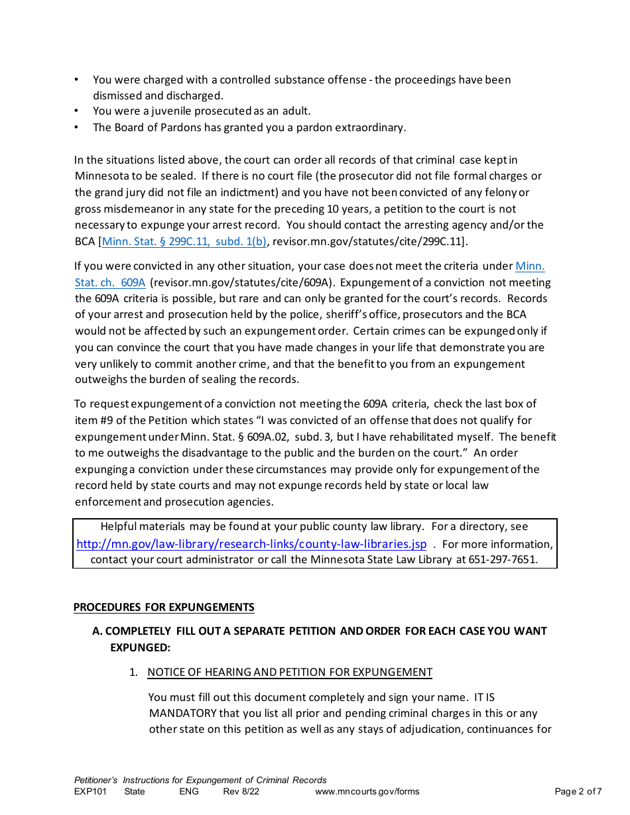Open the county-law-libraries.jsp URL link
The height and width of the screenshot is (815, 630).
(x=251, y=544)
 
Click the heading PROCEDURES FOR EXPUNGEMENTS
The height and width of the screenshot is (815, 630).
(x=164, y=607)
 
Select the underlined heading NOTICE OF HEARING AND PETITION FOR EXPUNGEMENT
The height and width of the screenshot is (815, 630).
(x=290, y=672)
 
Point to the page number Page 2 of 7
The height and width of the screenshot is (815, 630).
(x=578, y=791)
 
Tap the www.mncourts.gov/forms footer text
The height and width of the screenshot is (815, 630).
(x=367, y=791)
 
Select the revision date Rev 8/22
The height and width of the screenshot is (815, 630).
(x=241, y=791)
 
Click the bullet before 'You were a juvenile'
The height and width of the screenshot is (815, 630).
(x=77, y=111)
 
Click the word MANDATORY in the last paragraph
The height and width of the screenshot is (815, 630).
(x=182, y=713)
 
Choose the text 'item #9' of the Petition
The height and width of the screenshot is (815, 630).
(x=94, y=420)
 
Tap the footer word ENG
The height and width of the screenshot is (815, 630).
(x=188, y=791)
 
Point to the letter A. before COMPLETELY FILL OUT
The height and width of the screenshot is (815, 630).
(x=97, y=631)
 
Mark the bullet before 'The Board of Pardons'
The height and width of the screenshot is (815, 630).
(x=77, y=127)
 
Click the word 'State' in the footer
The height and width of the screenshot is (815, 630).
(x=134, y=791)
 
